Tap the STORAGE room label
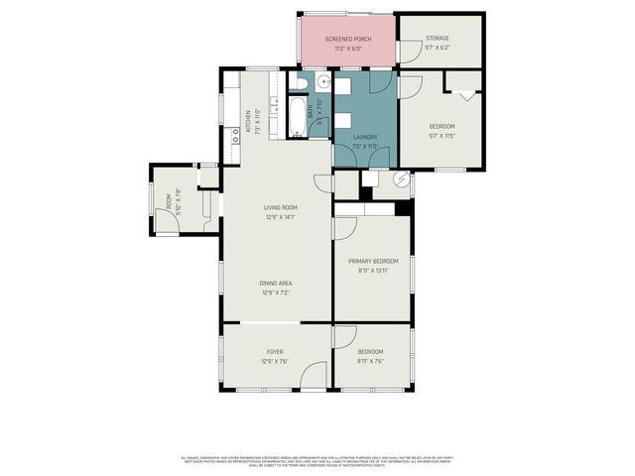coord(438,39)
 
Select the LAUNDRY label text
coord(365,137)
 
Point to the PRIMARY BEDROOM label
coord(372,262)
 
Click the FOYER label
coord(275,352)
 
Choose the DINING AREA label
coord(275,284)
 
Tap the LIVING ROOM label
coord(281,207)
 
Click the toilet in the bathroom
coord(304,82)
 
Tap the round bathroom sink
coord(324,82)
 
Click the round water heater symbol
coord(401,179)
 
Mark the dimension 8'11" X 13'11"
coord(372,271)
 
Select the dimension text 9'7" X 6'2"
coord(438,47)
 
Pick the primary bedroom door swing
coord(344,228)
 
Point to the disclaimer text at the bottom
coord(317,461)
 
